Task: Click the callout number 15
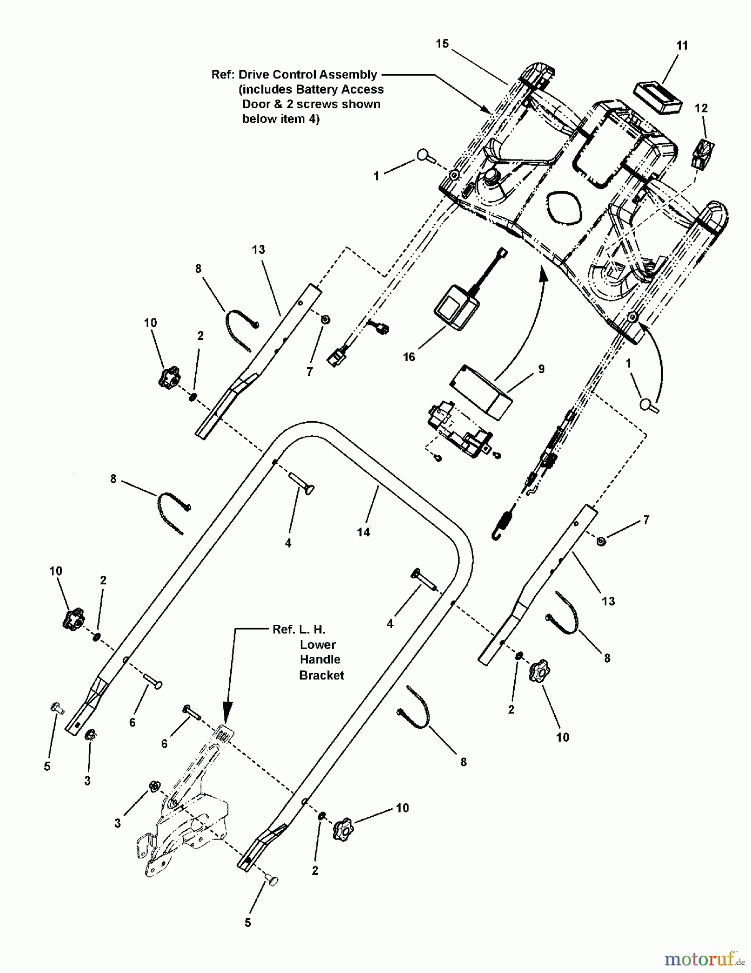tap(442, 44)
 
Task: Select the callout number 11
tap(682, 45)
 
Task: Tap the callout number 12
tap(701, 108)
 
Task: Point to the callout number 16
tap(409, 357)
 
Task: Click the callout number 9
tap(541, 369)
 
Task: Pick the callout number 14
tap(363, 532)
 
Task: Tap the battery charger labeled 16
tap(457, 310)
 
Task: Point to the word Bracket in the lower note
tap(322, 675)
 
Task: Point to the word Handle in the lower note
tap(320, 659)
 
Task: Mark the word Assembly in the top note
tap(349, 75)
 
